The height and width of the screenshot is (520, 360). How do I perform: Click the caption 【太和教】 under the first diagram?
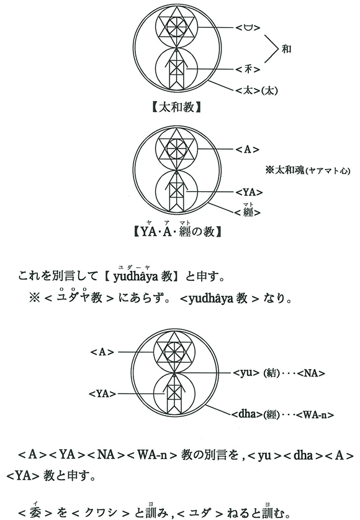(x=176, y=107)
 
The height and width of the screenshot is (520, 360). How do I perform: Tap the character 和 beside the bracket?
(x=286, y=49)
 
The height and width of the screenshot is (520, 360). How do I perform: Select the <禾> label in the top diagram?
(x=248, y=70)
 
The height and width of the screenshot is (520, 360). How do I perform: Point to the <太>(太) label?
(x=256, y=90)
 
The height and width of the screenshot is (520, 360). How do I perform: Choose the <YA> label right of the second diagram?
(x=249, y=192)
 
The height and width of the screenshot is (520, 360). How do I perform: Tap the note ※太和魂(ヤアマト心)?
(x=308, y=170)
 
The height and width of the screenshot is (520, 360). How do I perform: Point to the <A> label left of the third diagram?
(x=102, y=352)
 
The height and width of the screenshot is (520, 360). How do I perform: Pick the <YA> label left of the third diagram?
(x=102, y=394)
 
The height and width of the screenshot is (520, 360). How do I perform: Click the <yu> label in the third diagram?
(x=246, y=373)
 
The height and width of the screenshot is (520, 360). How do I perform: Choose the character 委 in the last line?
(x=35, y=513)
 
